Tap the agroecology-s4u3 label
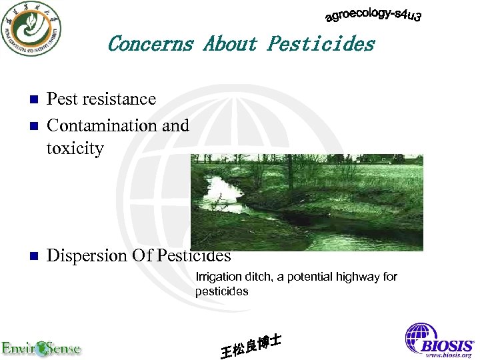[x=373, y=15]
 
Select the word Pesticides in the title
[x=321, y=44]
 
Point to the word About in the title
[x=230, y=44]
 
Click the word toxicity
[x=75, y=148]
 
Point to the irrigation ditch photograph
[x=307, y=202]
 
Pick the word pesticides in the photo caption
[x=221, y=291]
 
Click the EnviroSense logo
[x=41, y=348]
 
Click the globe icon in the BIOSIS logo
[x=421, y=336]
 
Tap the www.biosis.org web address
[x=449, y=355]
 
